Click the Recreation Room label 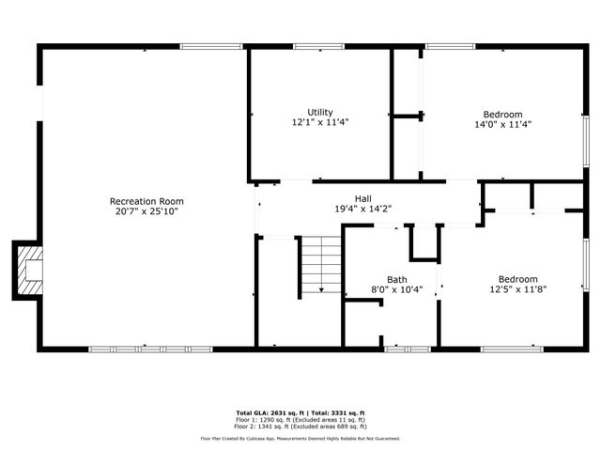tap(146, 201)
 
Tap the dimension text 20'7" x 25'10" tap(146, 212)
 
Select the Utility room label tap(319, 113)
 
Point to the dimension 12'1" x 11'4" tap(319, 123)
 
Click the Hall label tap(362, 198)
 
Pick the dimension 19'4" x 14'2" tap(362, 210)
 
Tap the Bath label tap(396, 279)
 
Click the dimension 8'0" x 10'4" tap(396, 290)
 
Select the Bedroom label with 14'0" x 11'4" tap(502, 114)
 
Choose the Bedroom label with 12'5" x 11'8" tap(517, 279)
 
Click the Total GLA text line tap(300, 412)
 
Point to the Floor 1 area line tap(300, 419)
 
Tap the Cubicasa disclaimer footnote tap(300, 438)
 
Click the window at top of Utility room tap(318, 46)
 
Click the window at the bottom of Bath tap(408, 349)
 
